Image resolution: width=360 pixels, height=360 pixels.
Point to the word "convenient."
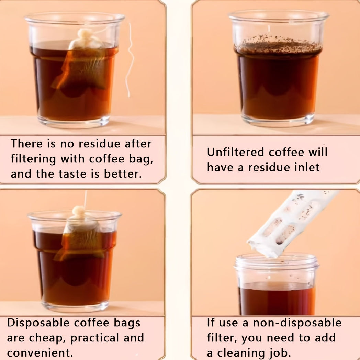[40, 353]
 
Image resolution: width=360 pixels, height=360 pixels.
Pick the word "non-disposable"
[297, 323]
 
